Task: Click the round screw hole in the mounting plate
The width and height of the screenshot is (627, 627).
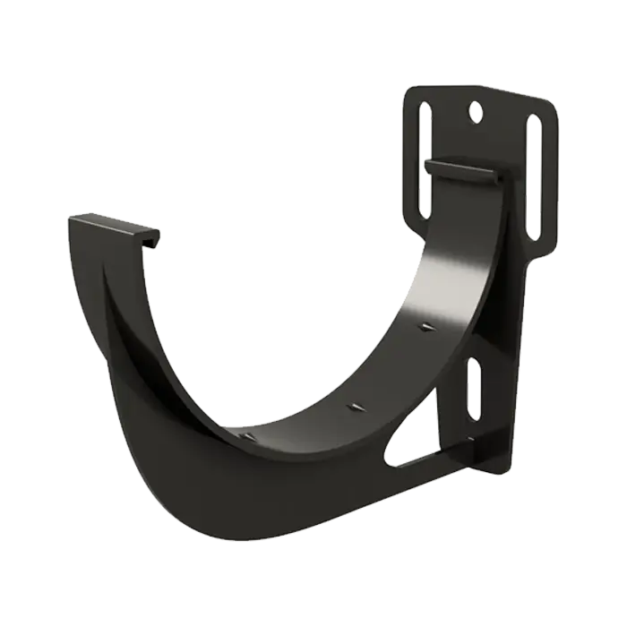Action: coord(474,113)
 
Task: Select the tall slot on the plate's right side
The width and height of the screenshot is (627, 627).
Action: coord(534,175)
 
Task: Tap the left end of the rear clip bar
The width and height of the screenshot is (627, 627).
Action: coord(427,167)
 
